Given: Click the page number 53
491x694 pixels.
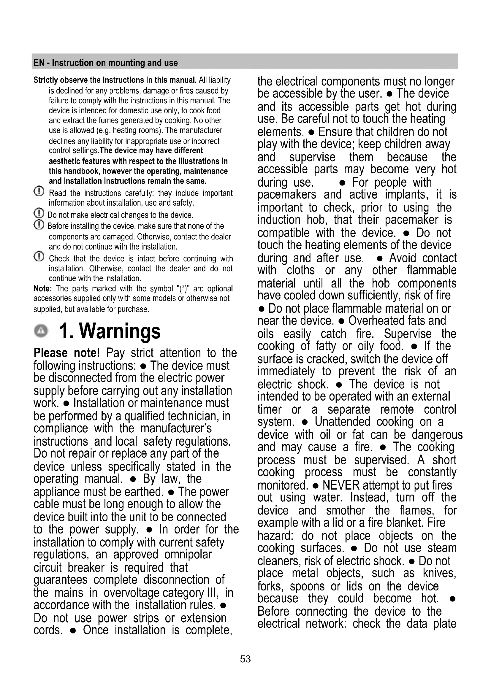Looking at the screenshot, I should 245,659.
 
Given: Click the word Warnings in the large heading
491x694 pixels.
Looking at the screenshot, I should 120,331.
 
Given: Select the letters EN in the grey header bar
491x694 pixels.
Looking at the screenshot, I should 39,63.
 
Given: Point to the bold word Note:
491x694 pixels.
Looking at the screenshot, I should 43,289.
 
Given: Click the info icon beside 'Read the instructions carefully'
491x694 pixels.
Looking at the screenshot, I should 39,191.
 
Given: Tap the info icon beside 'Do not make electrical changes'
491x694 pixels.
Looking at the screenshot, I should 39,213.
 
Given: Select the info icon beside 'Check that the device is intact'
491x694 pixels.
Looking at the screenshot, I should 39,257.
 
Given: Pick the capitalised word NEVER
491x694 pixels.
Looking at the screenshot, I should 341,485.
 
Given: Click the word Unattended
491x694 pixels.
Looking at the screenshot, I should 343,422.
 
